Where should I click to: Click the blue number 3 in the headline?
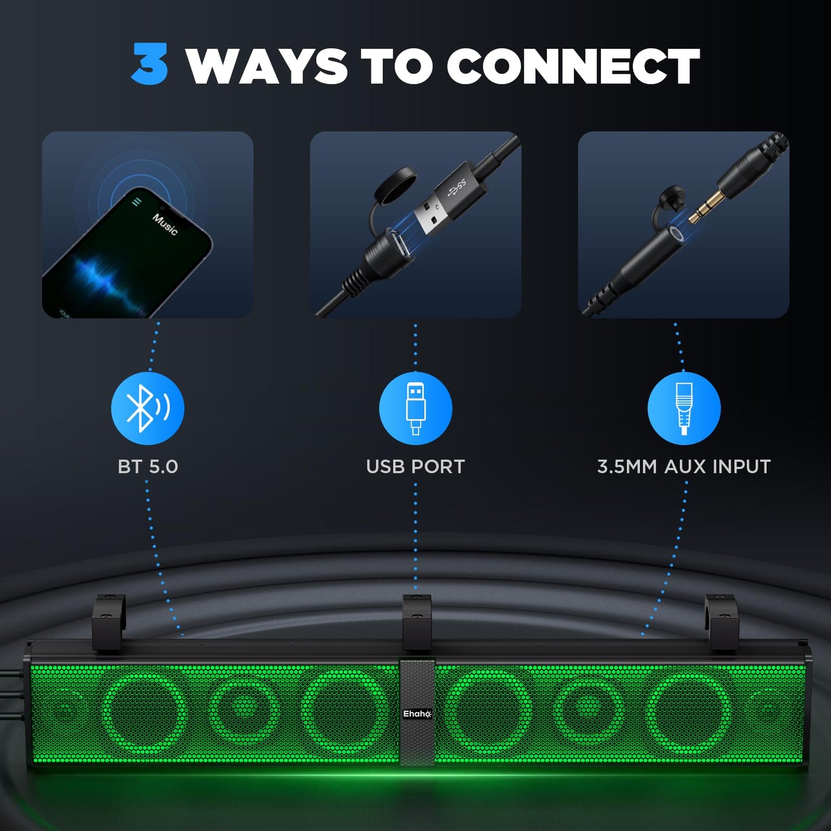[150, 64]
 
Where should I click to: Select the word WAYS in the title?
[266, 66]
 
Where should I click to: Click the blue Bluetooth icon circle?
[147, 408]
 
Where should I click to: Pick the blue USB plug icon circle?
[415, 408]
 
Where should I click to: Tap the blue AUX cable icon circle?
[684, 408]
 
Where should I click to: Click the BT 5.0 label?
[148, 466]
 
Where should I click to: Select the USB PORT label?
[415, 466]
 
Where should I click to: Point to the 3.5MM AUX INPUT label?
[684, 466]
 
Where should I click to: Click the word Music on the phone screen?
[165, 224]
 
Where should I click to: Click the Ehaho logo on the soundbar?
[417, 714]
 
